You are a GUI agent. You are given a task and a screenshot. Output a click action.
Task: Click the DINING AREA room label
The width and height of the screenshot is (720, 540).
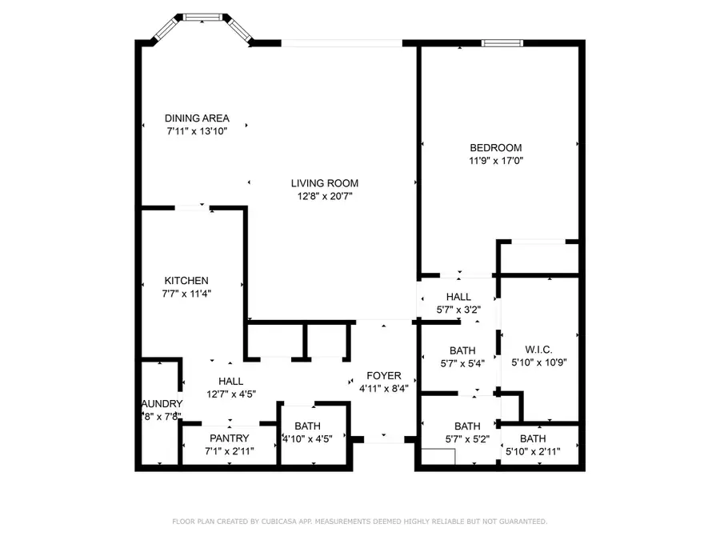point(197,118)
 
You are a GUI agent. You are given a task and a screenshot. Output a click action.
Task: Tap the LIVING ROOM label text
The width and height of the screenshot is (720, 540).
point(324,182)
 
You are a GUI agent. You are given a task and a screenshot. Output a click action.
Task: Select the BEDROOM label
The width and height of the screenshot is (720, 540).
point(495,147)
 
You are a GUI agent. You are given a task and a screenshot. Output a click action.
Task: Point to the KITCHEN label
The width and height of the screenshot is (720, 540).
point(186,280)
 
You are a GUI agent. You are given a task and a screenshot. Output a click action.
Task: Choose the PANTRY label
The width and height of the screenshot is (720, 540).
point(230,438)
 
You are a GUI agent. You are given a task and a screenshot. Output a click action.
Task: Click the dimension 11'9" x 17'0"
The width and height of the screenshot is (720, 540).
point(495,160)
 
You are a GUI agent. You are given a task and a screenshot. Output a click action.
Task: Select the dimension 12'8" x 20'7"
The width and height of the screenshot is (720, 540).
point(324,195)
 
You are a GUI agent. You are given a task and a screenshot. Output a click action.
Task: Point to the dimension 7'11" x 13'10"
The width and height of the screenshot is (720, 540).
point(197,131)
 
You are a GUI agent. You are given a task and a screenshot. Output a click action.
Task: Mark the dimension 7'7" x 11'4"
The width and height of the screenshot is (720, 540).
point(186,293)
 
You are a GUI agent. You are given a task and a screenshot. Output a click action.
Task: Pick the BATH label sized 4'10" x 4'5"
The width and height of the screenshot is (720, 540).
point(307,426)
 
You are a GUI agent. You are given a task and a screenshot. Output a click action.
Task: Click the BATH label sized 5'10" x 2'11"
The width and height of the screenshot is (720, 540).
point(533,438)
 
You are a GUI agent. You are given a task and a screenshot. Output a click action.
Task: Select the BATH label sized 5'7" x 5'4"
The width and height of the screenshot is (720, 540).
point(462,350)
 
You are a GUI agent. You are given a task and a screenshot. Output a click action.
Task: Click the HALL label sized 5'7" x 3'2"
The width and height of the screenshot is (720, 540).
point(458,297)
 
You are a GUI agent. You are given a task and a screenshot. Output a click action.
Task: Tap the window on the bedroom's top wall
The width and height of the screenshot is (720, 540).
point(503,42)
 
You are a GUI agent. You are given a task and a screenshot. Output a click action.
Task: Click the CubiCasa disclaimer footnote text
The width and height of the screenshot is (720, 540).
point(360,522)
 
